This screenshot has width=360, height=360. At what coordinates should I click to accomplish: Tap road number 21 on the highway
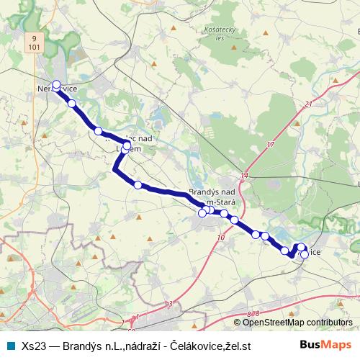pos(308,104)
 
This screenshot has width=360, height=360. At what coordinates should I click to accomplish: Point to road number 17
pos(271,145)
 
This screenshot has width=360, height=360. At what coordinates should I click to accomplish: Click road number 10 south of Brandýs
pos(220,235)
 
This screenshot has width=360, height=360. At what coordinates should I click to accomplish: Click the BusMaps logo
pos(326,345)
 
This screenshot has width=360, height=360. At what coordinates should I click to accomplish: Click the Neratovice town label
pos(58,88)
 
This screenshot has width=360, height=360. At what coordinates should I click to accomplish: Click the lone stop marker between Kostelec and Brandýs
pos(138,185)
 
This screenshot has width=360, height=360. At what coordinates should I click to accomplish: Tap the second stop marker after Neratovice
pos(98,131)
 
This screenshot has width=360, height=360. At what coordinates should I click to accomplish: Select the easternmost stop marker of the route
pos(305,253)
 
